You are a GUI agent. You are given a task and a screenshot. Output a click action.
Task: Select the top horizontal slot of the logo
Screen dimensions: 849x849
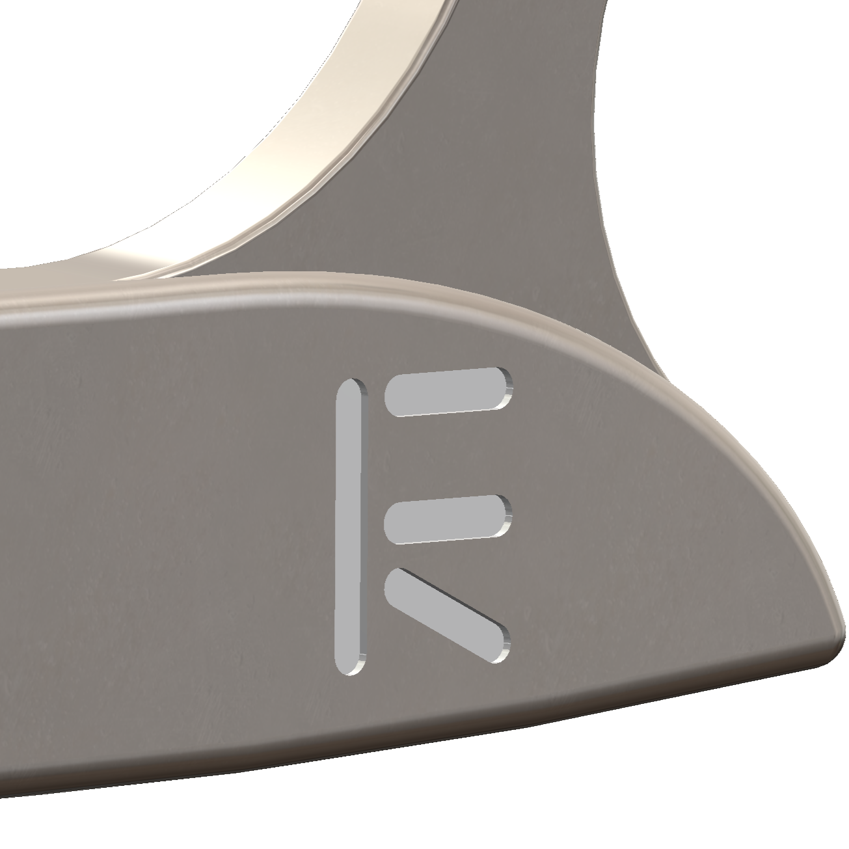(x=448, y=392)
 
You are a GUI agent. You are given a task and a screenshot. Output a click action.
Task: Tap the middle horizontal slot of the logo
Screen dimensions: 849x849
(x=448, y=519)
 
